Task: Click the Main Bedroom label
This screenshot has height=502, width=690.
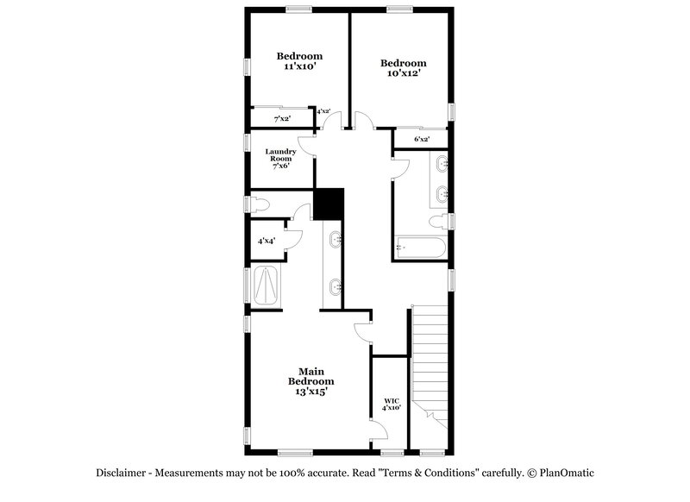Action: (x=310, y=376)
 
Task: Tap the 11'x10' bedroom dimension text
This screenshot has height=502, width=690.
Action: (x=293, y=66)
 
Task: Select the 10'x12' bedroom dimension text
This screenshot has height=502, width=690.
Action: (x=403, y=73)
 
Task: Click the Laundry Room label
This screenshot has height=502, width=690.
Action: (x=280, y=155)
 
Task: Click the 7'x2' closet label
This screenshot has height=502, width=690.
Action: (x=282, y=119)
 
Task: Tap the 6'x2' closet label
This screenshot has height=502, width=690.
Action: (x=421, y=139)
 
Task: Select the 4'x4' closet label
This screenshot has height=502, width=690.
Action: (x=266, y=241)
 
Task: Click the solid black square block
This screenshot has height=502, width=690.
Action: (x=329, y=204)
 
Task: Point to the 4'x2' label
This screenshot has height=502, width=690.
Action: (x=323, y=111)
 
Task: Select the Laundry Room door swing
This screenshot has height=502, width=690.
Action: (x=306, y=147)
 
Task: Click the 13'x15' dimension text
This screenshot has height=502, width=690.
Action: (x=310, y=391)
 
